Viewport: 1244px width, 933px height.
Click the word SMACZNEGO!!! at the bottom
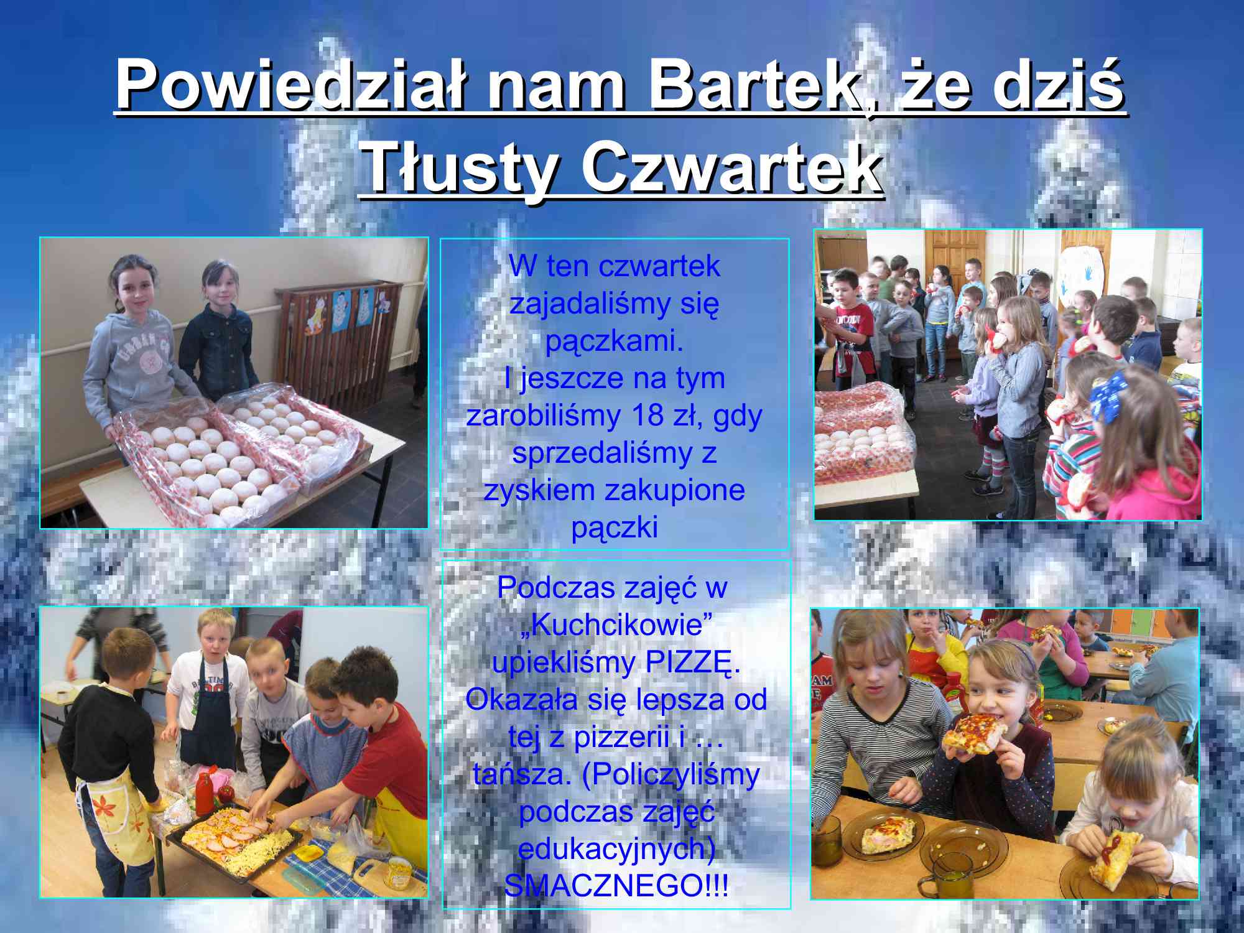tap(616, 886)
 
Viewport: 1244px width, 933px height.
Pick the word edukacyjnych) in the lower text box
tap(616, 850)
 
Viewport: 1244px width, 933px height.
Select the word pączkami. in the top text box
tap(614, 341)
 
